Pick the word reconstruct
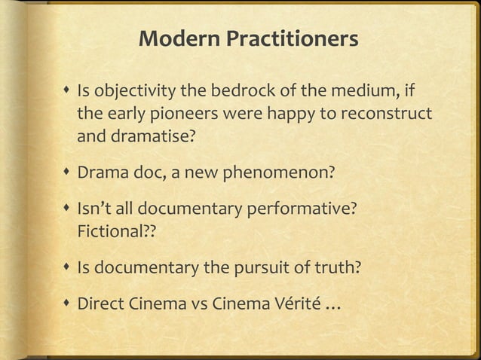[394, 117]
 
